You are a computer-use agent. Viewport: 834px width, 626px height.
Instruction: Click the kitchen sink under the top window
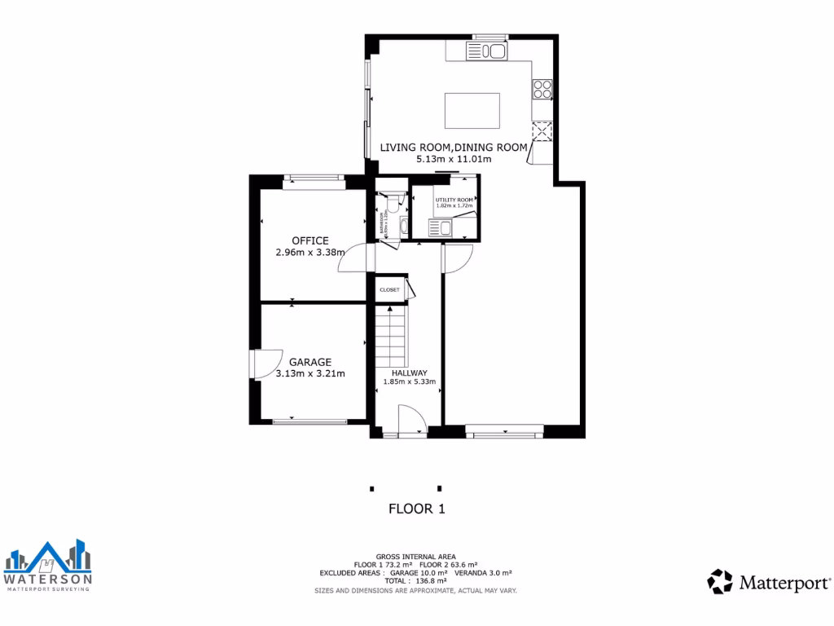pyautogui.click(x=486, y=52)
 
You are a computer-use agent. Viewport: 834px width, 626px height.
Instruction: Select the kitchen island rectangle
pyautogui.click(x=472, y=110)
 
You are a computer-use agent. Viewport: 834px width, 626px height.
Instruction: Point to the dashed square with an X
pyautogui.click(x=542, y=131)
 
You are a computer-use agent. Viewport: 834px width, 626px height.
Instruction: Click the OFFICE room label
pyautogui.click(x=310, y=240)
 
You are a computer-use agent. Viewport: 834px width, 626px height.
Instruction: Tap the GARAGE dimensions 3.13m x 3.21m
pyautogui.click(x=310, y=374)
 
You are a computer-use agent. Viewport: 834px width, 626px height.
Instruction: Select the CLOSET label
pyautogui.click(x=389, y=289)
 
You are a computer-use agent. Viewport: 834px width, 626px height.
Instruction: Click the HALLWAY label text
pyautogui.click(x=409, y=373)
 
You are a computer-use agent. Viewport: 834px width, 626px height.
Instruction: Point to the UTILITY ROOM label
pyautogui.click(x=454, y=200)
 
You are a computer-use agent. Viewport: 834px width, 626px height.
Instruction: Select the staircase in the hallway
pyautogui.click(x=392, y=334)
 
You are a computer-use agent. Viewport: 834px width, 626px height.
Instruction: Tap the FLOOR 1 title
pyautogui.click(x=416, y=509)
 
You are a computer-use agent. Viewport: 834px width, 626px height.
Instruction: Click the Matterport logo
pyautogui.click(x=769, y=582)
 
